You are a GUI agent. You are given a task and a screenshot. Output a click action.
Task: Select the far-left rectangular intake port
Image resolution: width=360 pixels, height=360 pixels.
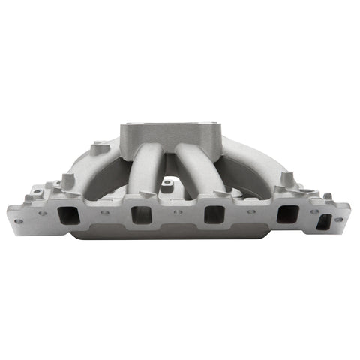pos(67,214)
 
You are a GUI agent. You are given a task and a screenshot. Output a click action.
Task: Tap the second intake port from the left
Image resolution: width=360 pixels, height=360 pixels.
pos(141,214)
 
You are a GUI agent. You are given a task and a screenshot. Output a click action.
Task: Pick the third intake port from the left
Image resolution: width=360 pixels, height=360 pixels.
pos(214,214)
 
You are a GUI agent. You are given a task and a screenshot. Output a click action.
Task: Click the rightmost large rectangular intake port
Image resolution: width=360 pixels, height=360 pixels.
pos(286,214)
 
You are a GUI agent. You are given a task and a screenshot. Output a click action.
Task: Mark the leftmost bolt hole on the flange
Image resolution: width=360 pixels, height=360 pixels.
pos(18,221)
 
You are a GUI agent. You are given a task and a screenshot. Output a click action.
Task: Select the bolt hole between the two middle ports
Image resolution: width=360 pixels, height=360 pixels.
pos(178,212)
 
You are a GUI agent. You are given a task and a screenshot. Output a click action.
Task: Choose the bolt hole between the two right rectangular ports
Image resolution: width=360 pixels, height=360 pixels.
pos(250,212)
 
